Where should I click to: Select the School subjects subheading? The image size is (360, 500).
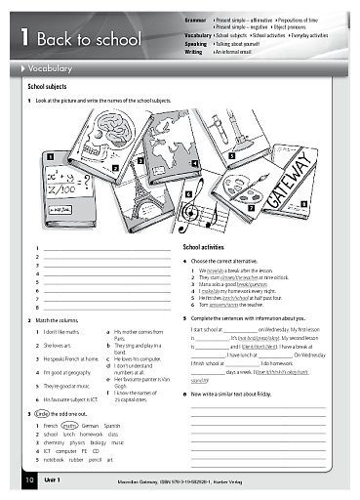pyautogui.click(x=50, y=87)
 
